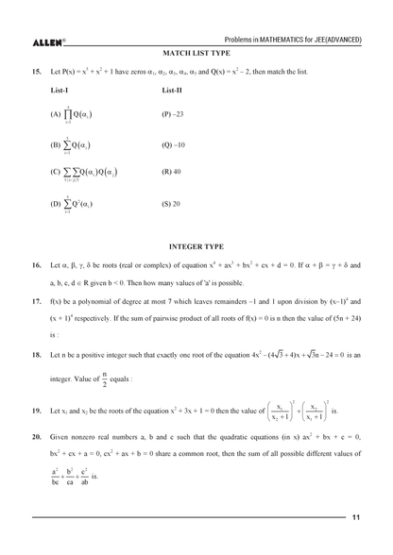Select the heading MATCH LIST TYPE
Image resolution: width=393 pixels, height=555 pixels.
pyautogui.click(x=196, y=55)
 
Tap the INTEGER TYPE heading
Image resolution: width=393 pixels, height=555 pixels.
pyautogui.click(x=196, y=244)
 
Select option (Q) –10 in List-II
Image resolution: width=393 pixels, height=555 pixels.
pyautogui.click(x=174, y=144)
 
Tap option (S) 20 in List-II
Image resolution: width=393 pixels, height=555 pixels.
pyautogui.click(x=171, y=202)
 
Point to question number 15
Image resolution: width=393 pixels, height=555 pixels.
pyautogui.click(x=35, y=72)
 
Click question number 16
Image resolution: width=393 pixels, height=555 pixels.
pyautogui.click(x=35, y=266)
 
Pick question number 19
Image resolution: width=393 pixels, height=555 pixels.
pyautogui.click(x=35, y=412)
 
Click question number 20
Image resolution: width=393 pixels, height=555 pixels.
pyautogui.click(x=35, y=440)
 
